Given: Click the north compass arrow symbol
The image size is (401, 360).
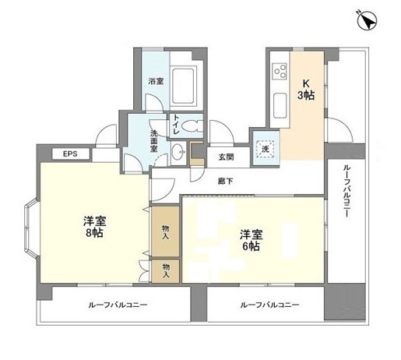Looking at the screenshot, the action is (367, 20).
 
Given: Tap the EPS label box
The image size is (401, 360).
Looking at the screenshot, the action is (71, 154).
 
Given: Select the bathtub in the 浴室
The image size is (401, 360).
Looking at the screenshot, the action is (184, 86).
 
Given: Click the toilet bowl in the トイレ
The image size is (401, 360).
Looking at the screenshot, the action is (192, 126).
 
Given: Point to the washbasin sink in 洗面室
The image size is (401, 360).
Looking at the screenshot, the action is (178, 151).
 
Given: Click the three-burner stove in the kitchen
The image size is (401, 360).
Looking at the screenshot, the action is (280, 72).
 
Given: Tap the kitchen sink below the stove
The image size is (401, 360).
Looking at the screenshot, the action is (280, 106).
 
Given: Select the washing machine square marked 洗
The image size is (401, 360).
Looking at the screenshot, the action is (266, 149).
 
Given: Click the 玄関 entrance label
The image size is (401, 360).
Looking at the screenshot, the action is (226, 157).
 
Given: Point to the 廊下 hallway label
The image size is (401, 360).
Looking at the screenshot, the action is (225, 182).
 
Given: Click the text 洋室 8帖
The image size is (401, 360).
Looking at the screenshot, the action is (95, 227).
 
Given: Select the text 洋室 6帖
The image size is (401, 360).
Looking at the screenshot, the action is (252, 240).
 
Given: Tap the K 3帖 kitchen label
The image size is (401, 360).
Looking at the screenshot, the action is (306, 90).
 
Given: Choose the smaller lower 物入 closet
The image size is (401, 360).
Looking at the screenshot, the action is (166, 271).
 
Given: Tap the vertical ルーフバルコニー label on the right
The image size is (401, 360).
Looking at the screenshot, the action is (346, 190).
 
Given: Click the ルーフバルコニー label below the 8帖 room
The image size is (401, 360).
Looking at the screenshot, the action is (118, 305).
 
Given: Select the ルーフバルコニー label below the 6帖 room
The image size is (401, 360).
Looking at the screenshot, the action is (269, 305).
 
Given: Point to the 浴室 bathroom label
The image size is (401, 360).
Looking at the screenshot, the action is (156, 81).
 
